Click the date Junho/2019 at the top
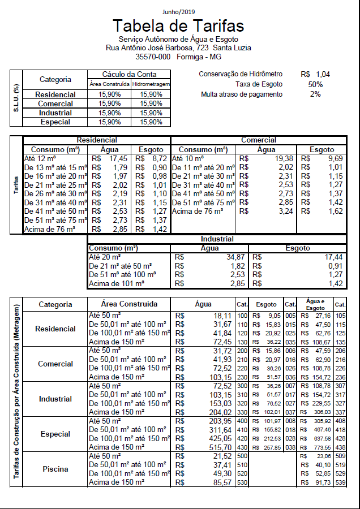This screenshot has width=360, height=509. click(x=178, y=11)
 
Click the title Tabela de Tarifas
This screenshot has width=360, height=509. click(x=178, y=26)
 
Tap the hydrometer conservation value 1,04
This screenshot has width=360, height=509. click(x=323, y=74)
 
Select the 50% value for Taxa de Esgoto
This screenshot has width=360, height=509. click(x=315, y=84)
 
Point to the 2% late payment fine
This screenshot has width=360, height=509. click(x=315, y=94)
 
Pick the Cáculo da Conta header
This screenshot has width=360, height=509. click(x=129, y=74)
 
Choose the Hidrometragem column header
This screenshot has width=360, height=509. click(x=151, y=84)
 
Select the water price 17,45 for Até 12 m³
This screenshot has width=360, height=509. click(x=118, y=159)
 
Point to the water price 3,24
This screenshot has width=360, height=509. click(x=286, y=211)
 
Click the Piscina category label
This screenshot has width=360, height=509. click(x=55, y=469)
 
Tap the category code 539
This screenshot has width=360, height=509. click(x=340, y=482)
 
